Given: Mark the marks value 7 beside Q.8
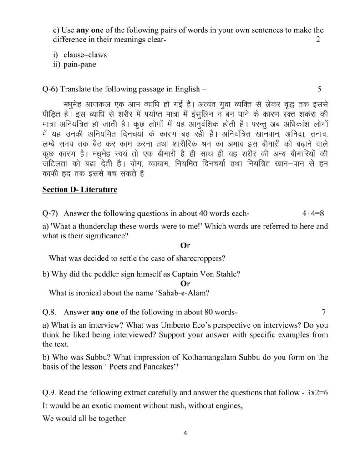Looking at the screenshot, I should tap(324, 312).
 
